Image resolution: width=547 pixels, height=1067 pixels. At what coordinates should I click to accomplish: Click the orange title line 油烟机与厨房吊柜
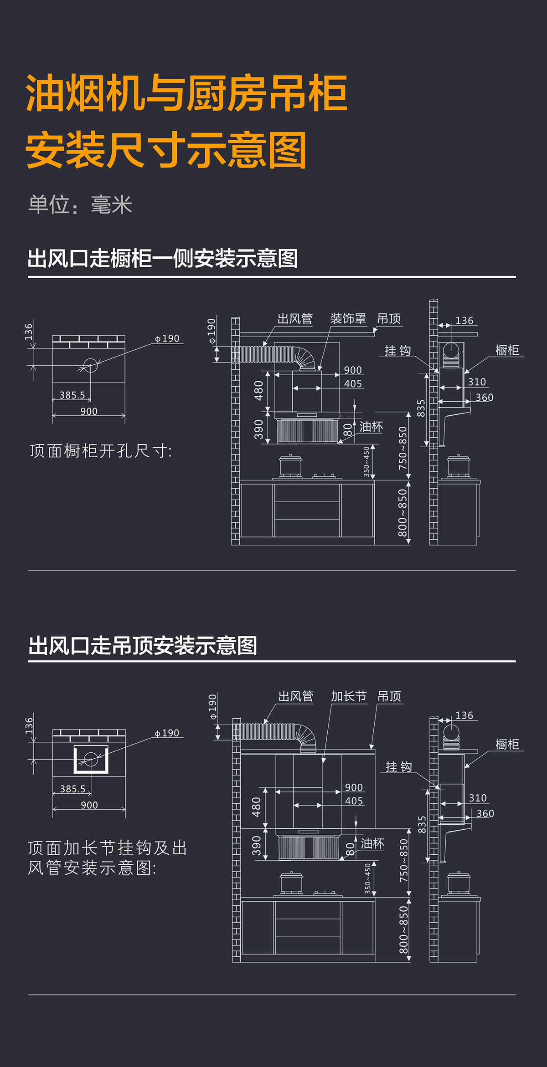pyautogui.click(x=187, y=93)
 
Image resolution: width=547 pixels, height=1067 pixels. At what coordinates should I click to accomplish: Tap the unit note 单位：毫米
pyautogui.click(x=80, y=205)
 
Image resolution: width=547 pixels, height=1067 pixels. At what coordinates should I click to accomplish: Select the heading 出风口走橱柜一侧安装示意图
pyautogui.click(x=163, y=258)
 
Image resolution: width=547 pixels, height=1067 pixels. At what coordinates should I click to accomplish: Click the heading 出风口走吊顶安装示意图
pyautogui.click(x=143, y=646)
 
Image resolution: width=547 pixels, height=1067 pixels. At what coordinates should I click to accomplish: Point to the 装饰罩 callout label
pyautogui.click(x=348, y=319)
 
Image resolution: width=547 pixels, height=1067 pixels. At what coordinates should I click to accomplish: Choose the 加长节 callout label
pyautogui.click(x=349, y=696)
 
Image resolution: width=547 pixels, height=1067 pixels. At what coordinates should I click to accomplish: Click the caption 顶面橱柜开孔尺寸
pyautogui.click(x=101, y=451)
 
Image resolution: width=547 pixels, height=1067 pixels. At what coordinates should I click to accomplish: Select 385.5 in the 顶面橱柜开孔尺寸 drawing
pyautogui.click(x=72, y=395)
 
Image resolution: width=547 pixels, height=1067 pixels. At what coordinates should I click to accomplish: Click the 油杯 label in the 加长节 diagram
pyautogui.click(x=372, y=843)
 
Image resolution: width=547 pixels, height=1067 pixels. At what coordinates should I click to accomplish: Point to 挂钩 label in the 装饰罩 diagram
pyautogui.click(x=398, y=351)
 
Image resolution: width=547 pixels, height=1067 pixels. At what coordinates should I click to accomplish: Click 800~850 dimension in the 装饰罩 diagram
pyautogui.click(x=403, y=513)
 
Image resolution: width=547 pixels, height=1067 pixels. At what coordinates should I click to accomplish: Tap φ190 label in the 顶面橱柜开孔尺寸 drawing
pyautogui.click(x=167, y=338)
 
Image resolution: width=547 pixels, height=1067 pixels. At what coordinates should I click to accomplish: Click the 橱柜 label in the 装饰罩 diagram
pyautogui.click(x=507, y=350)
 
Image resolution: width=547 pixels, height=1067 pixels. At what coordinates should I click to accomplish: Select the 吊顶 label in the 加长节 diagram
pyautogui.click(x=389, y=696)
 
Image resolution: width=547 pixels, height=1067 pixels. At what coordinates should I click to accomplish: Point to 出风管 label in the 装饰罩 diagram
pyautogui.click(x=295, y=319)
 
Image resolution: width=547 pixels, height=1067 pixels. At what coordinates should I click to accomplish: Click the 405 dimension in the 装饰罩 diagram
pyautogui.click(x=353, y=383)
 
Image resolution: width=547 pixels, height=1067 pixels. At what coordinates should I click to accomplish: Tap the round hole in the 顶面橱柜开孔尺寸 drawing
pyautogui.click(x=90, y=365)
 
